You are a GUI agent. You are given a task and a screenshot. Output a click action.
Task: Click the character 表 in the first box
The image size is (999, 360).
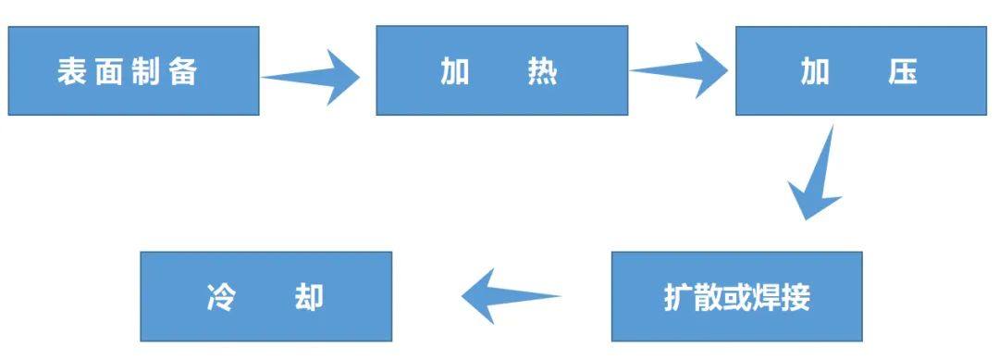click(72, 72)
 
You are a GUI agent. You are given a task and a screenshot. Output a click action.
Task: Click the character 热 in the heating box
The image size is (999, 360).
click(542, 72)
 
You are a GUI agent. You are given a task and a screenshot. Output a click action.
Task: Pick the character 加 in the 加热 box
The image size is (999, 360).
click(454, 72)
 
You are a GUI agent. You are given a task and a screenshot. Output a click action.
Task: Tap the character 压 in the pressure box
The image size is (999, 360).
click(902, 72)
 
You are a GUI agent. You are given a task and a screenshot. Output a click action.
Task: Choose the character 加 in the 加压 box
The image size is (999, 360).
click(815, 72)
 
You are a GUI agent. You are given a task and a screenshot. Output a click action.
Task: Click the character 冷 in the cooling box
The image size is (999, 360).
click(219, 297)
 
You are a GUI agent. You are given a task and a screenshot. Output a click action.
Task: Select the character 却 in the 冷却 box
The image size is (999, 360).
click(309, 297)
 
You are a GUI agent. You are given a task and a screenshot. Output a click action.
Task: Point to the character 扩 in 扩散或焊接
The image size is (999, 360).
click(678, 297)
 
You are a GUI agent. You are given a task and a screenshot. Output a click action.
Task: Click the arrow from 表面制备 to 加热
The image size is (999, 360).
click(314, 76)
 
